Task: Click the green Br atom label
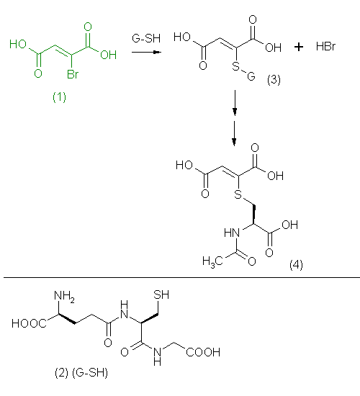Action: (73, 74)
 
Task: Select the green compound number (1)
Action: (59, 97)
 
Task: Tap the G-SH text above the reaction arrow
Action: (146, 38)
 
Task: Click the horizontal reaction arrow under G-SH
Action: (147, 53)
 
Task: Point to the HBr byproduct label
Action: (325, 47)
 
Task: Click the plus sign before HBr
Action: (299, 47)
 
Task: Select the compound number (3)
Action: (274, 80)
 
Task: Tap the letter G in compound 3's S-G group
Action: (251, 76)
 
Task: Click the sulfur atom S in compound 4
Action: (238, 194)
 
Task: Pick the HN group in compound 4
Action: (232, 233)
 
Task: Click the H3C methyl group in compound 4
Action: (212, 261)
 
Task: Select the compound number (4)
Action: (296, 265)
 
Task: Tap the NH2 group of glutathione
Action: (64, 296)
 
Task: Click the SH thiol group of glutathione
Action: (161, 294)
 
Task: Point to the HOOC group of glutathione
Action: (29, 323)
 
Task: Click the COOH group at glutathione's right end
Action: (203, 352)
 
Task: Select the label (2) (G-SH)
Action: (81, 373)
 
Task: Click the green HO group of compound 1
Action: (18, 44)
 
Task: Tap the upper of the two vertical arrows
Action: (235, 103)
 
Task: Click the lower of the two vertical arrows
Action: (234, 133)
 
